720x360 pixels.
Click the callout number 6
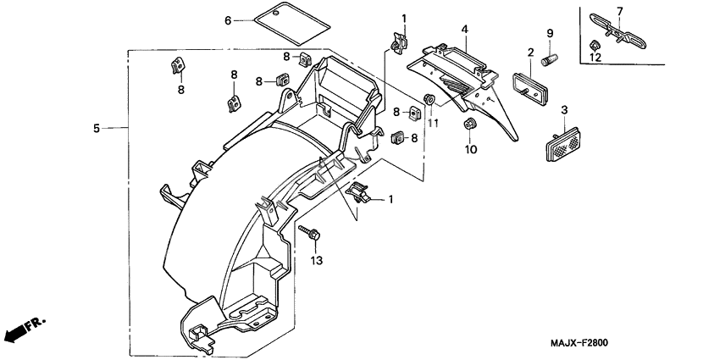[x=228, y=19]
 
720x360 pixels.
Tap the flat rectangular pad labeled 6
[x=292, y=20]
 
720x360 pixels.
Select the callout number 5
[x=97, y=129]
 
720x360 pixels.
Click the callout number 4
[x=465, y=30]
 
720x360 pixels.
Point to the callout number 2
[x=531, y=53]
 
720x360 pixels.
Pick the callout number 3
[x=564, y=109]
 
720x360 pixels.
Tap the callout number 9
[x=549, y=33]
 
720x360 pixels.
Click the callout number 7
[x=620, y=10]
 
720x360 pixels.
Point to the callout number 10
[x=471, y=149]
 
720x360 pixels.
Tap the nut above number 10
[x=469, y=125]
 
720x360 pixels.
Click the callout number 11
[x=432, y=124]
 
